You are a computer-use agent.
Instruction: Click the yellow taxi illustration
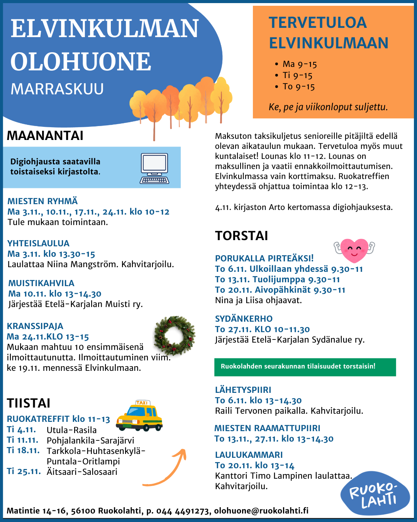click(139, 416)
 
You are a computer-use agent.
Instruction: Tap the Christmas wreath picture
click(175, 336)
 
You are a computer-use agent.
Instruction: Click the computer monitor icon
click(154, 168)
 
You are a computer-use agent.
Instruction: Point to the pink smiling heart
click(354, 249)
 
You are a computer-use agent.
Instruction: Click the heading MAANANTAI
click(45, 136)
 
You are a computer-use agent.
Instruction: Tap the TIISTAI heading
click(29, 403)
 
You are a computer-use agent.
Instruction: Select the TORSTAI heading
click(241, 236)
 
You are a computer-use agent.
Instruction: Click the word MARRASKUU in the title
click(57, 89)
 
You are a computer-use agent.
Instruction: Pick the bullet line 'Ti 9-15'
click(297, 75)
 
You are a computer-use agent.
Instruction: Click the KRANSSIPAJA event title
click(35, 326)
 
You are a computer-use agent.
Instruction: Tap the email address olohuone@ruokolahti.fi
click(261, 511)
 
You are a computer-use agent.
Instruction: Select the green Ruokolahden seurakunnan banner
click(305, 367)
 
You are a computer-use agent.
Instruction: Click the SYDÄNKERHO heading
click(244, 319)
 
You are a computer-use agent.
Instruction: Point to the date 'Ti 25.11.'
click(24, 471)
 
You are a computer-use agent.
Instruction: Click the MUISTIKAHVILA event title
click(41, 283)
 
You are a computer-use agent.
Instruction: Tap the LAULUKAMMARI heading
click(249, 455)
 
